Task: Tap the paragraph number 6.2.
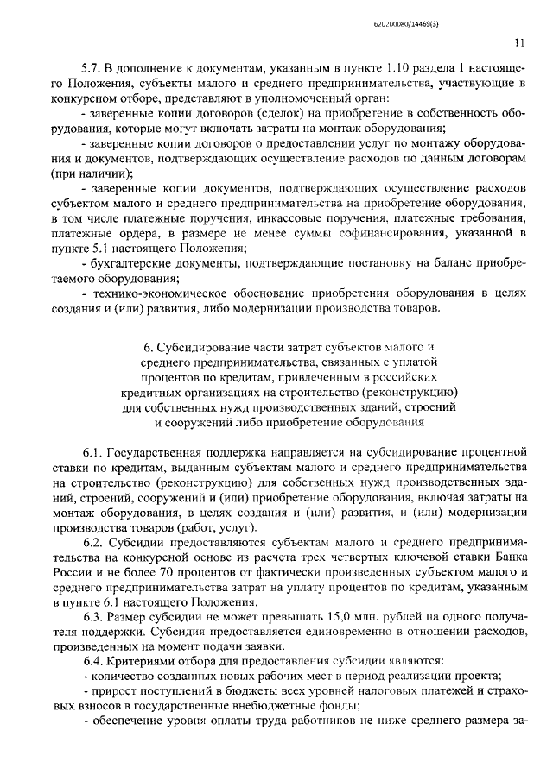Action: click(94, 543)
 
